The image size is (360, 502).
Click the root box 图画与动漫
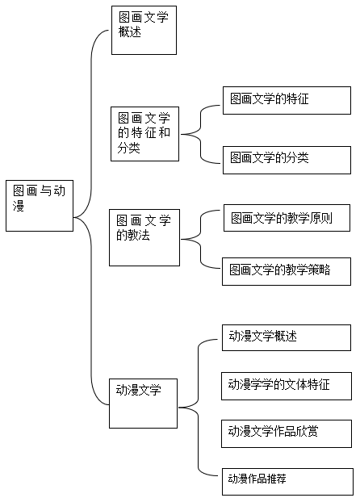pos(40,206)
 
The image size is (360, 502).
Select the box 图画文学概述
pos(144,30)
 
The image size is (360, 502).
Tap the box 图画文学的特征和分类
pos(144,134)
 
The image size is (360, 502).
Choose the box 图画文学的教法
pos(144,237)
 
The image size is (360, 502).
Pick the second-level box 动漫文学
pos(143,404)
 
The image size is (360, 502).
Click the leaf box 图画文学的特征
pos(287,100)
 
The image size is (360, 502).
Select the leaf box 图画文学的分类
pos(287,160)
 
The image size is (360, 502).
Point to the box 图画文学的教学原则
pos(287,218)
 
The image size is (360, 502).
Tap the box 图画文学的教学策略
pos(287,271)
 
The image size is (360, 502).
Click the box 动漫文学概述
pos(287,337)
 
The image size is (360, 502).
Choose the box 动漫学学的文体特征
pos(287,386)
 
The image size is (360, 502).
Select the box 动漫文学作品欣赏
pos(287,433)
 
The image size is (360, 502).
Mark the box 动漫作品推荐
pos(287,482)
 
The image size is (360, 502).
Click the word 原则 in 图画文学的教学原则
pos(321,218)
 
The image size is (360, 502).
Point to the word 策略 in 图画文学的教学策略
pos(320,270)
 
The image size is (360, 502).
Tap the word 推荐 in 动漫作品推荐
pos(274,479)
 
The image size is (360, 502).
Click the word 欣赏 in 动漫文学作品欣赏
pos(307,431)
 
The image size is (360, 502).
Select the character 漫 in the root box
pos(19,206)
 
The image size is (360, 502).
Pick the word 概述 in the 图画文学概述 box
pos(130,31)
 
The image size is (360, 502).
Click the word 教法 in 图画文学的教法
pos(139,236)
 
